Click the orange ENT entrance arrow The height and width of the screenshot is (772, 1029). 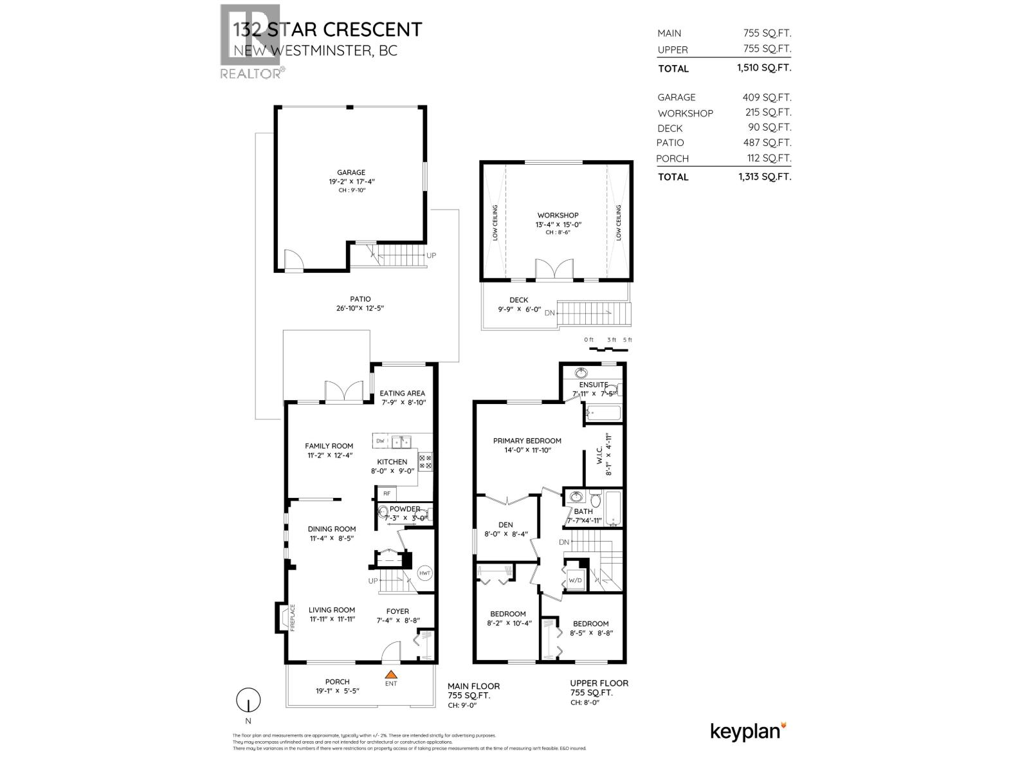tap(390, 674)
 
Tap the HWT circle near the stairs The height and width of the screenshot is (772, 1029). tap(425, 573)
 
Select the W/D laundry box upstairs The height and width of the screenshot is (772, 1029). tap(574, 580)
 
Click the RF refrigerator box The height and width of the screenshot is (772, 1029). tap(387, 493)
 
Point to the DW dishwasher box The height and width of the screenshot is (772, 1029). tap(380, 441)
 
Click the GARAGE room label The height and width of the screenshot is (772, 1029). tap(351, 172)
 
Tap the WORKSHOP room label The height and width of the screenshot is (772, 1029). tap(558, 216)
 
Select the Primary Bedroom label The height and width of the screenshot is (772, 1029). tap(527, 441)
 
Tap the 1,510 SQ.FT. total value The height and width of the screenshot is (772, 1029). tap(764, 68)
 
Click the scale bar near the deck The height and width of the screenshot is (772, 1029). tap(608, 349)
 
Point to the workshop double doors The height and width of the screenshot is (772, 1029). tap(554, 270)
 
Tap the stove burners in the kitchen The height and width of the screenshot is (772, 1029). tap(426, 461)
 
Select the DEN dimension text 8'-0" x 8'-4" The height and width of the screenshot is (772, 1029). tap(505, 534)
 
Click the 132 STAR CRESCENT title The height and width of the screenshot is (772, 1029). tap(327, 30)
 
